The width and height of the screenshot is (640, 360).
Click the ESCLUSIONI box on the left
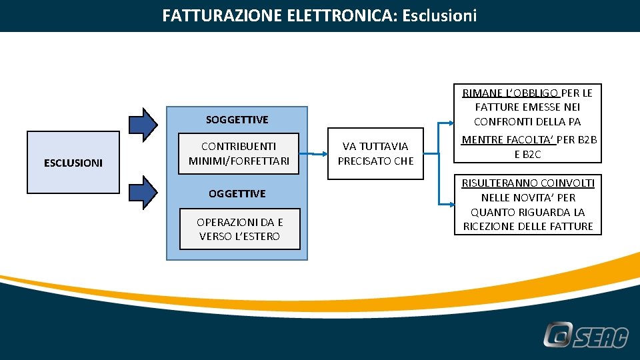pos(73,162)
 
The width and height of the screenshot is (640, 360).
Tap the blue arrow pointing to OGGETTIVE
pos(143,192)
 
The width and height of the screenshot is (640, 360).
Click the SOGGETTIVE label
pos(237,120)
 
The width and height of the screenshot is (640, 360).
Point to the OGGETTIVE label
pos(237,194)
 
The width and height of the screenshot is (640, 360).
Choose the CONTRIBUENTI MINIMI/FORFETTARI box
pos(239,153)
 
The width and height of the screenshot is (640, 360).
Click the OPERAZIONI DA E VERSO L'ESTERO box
pos(239,229)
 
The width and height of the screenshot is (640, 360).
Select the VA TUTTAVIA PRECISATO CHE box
pos(375,153)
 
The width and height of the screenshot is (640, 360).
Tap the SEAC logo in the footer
pos(585,335)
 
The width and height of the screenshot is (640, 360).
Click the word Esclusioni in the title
pos(439,15)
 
